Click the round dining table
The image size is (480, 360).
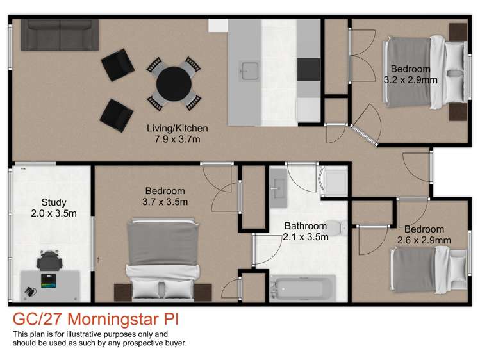coord(174,81)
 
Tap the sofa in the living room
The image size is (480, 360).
coord(60,35)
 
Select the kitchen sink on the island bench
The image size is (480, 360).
coord(248,69)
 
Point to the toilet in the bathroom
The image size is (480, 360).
coord(335,227)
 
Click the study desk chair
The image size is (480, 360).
coord(50,261)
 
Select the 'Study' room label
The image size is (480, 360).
coord(53,203)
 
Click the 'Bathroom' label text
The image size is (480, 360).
coord(306,226)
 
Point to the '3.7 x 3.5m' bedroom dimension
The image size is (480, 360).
coord(165,202)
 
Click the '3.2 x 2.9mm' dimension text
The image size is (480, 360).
coord(410,80)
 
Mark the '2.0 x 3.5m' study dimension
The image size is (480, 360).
coord(54,213)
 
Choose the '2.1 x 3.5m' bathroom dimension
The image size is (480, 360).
coord(306,236)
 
